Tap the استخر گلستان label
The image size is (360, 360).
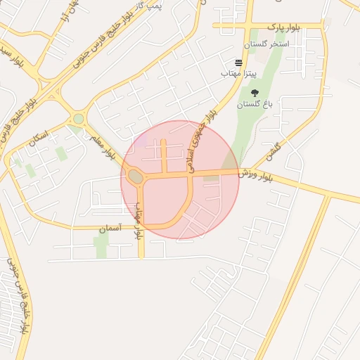(x=266, y=44)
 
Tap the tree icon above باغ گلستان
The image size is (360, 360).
(x=254, y=93)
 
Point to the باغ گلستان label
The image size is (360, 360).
(x=254, y=104)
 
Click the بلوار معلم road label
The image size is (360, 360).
(x=102, y=145)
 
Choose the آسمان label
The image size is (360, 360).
(x=110, y=229)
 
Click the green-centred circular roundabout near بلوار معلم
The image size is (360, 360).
(x=79, y=119)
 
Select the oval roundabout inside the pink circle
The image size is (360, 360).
(x=135, y=177)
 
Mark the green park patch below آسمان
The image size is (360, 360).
(x=102, y=246)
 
